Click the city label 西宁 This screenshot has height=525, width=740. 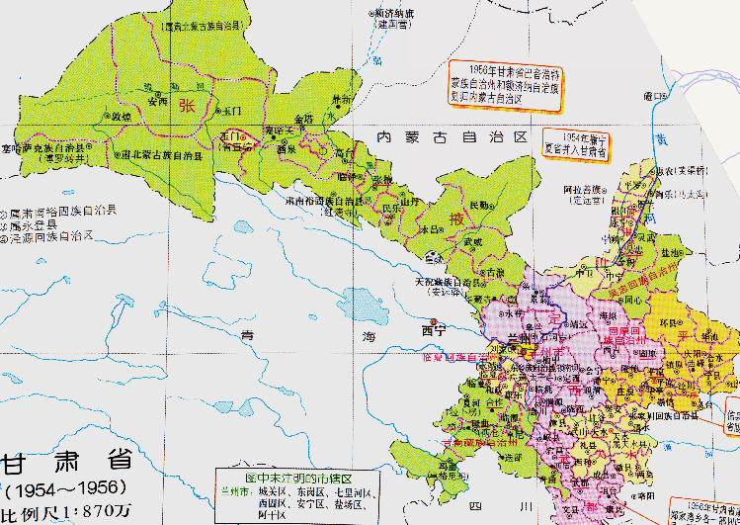(x=435, y=329)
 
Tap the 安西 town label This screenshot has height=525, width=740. (x=156, y=101)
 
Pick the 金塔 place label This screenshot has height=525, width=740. (x=303, y=116)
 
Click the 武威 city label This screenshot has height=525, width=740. (x=472, y=240)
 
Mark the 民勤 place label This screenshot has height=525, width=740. (x=478, y=205)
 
